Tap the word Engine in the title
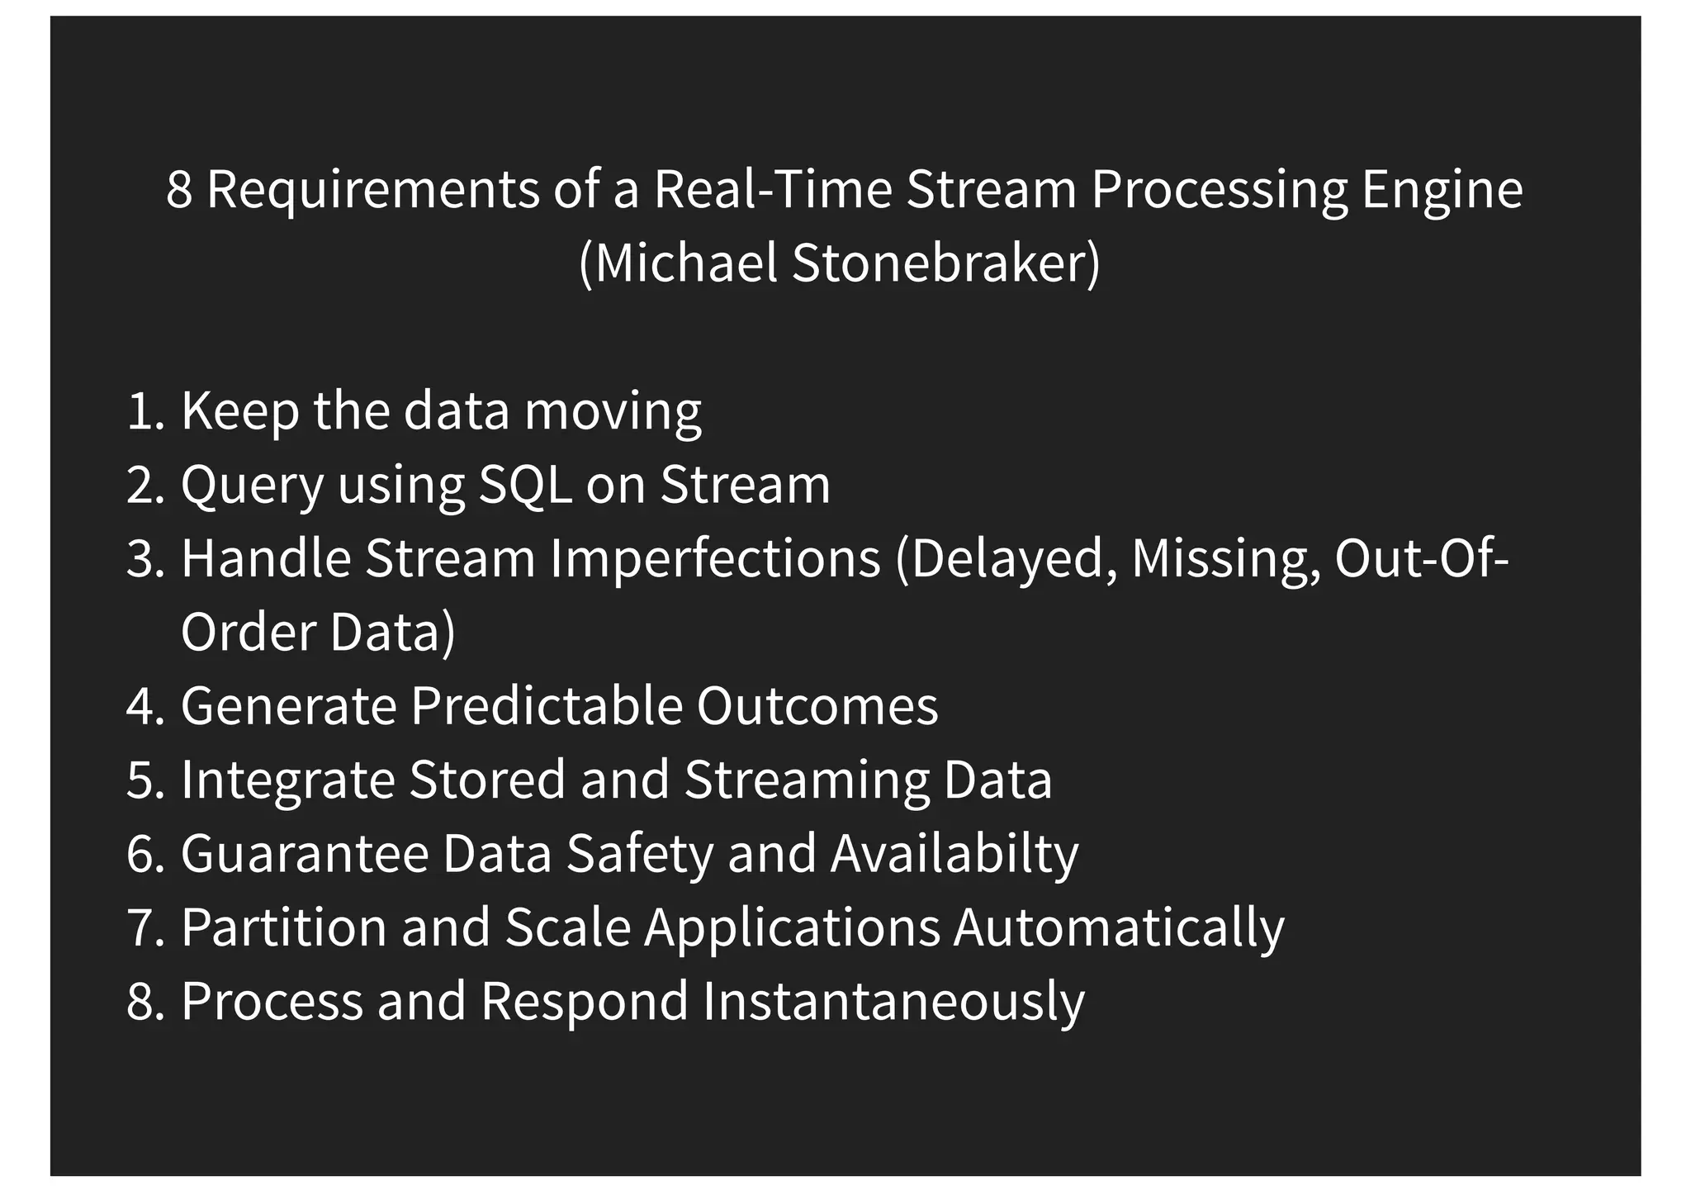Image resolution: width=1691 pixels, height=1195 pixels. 1441,190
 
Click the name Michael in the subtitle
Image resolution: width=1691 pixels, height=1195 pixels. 684,263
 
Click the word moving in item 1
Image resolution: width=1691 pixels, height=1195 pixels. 613,410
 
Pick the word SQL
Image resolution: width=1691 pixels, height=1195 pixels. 525,485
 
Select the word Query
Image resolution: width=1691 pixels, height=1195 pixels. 252,485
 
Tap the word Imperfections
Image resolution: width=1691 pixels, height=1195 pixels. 715,558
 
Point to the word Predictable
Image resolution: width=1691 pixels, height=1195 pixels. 546,706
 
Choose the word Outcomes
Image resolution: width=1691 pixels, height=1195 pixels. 817,706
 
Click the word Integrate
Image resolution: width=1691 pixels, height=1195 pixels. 287,780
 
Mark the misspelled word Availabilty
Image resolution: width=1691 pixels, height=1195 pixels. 954,853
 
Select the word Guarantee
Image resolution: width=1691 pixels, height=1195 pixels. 305,853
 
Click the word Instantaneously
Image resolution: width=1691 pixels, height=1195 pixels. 893,1001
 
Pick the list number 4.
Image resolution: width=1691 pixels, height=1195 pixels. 144,707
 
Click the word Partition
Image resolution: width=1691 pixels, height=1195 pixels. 283,927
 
